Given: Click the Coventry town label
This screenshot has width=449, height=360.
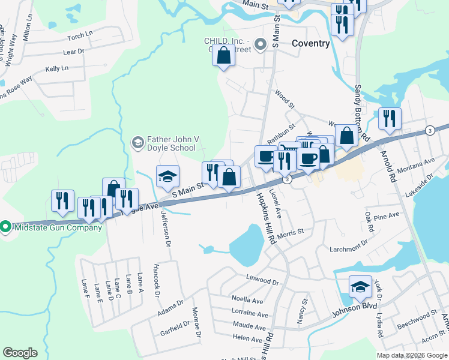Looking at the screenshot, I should (x=310, y=44).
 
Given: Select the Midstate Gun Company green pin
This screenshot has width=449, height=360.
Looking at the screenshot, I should (x=6, y=227).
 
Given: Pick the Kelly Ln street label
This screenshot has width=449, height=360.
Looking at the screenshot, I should (x=58, y=69).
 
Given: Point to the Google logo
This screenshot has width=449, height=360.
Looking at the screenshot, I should (x=20, y=353).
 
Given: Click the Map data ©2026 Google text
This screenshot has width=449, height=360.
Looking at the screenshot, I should (x=412, y=355).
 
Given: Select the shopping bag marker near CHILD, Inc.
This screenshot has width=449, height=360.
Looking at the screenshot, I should (x=224, y=56).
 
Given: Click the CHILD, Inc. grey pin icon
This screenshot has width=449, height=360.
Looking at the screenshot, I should (x=261, y=44).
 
